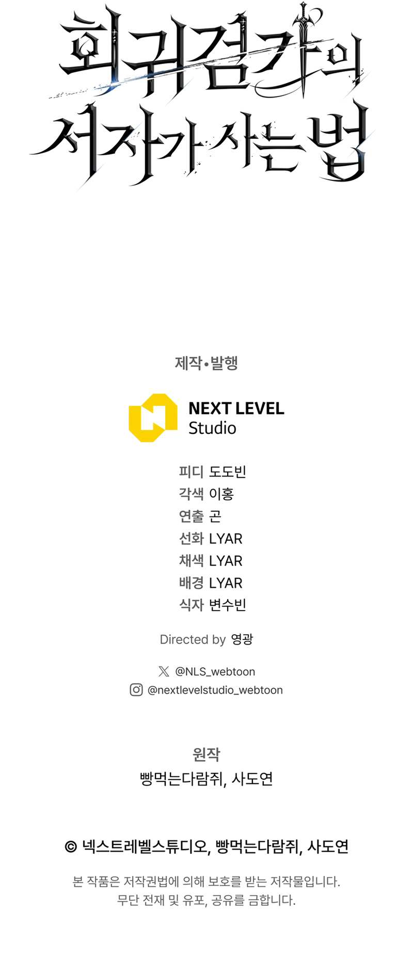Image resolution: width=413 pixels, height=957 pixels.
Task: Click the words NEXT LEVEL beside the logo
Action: (x=236, y=409)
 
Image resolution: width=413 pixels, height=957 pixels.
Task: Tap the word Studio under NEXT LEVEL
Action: (x=212, y=428)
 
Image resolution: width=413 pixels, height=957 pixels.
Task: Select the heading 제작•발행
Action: (x=206, y=363)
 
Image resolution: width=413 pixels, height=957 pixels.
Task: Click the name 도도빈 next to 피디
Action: (x=228, y=472)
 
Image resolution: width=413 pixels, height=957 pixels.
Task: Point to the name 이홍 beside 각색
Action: (x=221, y=494)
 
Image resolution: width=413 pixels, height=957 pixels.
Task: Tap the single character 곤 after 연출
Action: (x=215, y=516)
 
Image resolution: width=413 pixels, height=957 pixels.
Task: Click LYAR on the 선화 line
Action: (x=226, y=539)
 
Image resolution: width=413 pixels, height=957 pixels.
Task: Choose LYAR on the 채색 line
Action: (x=226, y=561)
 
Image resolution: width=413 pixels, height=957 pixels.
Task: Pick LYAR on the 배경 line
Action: (x=226, y=583)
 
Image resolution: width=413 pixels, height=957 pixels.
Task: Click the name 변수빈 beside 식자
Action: (x=228, y=605)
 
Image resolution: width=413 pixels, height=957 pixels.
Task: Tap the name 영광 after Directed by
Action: (x=242, y=639)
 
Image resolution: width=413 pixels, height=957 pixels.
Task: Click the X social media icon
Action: (x=164, y=671)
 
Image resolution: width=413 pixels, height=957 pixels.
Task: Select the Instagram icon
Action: (x=136, y=690)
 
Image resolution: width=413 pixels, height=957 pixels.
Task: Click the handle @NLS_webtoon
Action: (x=215, y=671)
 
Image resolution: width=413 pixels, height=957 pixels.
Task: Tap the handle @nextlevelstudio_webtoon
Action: (x=215, y=690)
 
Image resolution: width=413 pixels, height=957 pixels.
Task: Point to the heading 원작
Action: (x=206, y=755)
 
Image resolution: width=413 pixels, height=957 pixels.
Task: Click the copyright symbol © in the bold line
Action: (x=71, y=847)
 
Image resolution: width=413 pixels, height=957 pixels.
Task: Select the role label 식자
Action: (x=192, y=605)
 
